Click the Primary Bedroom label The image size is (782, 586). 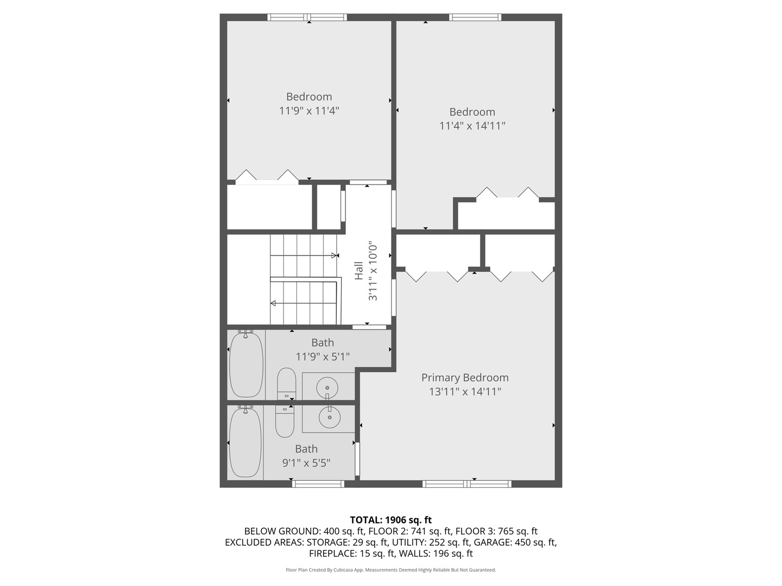[465, 378]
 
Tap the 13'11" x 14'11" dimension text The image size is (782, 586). [465, 392]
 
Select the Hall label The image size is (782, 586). [358, 271]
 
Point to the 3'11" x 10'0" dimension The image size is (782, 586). [373, 271]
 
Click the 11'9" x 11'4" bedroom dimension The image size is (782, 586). [309, 111]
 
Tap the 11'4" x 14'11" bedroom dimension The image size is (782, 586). [472, 126]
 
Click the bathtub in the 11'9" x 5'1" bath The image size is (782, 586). [246, 365]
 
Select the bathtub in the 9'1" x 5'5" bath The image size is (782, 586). [245, 442]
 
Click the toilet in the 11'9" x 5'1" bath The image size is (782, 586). [286, 383]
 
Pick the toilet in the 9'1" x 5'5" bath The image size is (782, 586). [285, 422]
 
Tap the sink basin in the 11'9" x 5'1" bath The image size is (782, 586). [327, 387]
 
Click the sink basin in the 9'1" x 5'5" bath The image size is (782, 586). [329, 417]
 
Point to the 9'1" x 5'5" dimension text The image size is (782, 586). [306, 463]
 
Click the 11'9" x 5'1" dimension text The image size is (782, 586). [323, 356]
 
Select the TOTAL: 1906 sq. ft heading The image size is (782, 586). [390, 520]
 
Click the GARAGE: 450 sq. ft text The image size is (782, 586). [515, 542]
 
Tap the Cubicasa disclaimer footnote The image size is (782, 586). [390, 570]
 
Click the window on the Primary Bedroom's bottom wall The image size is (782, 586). [466, 483]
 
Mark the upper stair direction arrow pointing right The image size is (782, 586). [335, 255]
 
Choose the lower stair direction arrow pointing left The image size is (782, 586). [274, 303]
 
